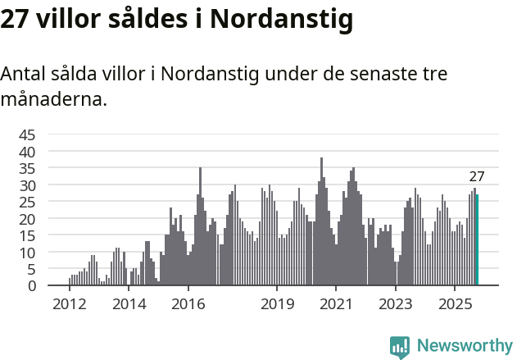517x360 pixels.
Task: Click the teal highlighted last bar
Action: [477, 239]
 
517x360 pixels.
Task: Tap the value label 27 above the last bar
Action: [477, 176]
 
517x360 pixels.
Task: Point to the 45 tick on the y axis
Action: [27, 134]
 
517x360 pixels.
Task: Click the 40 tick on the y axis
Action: [27, 152]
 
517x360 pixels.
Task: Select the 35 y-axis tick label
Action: [27, 168]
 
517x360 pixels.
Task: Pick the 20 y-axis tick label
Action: [27, 219]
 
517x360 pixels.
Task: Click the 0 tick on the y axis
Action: [32, 286]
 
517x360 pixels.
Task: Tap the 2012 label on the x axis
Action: [69, 304]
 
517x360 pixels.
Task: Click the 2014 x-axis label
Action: [129, 304]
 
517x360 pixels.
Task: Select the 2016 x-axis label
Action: [188, 304]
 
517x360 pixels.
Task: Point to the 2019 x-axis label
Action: [277, 304]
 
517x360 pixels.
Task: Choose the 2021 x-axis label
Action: [336, 304]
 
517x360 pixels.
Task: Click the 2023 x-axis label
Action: [396, 304]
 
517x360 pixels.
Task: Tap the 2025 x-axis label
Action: [455, 304]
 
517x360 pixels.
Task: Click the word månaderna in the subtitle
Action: [54, 100]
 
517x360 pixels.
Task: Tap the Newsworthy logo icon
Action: [399, 347]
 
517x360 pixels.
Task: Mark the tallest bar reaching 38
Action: [321, 221]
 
